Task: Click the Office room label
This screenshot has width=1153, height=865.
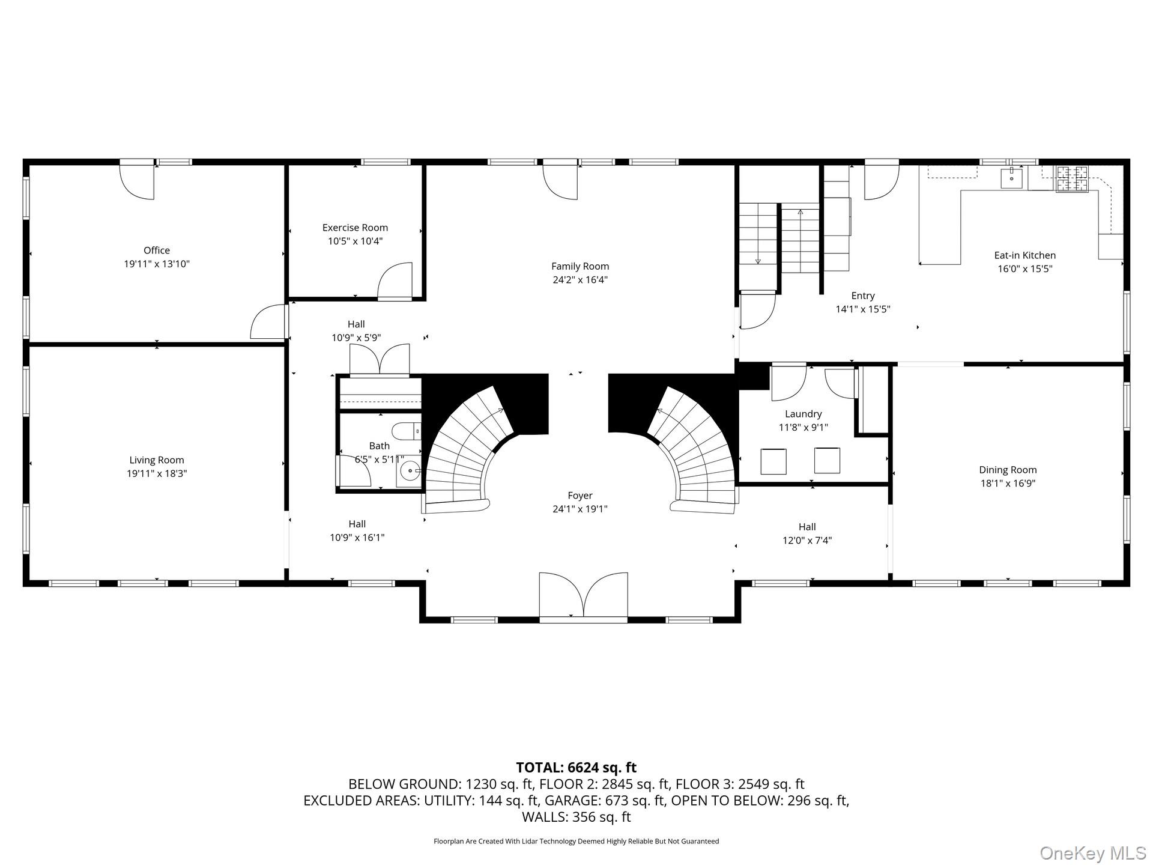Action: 156,250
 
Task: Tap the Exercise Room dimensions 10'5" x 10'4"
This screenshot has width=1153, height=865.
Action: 355,241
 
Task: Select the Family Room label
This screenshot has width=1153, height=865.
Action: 580,266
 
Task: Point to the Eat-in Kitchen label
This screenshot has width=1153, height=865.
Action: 1024,255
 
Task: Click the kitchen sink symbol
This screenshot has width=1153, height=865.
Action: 1012,178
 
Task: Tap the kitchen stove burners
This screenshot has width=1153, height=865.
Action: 1072,179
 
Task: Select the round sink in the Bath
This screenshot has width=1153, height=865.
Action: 410,472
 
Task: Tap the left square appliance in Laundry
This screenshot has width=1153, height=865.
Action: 773,461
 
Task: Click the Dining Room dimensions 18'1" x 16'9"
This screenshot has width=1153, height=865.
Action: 1008,483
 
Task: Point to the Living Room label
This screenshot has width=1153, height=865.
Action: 156,460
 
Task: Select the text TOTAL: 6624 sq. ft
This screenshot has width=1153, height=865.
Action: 576,767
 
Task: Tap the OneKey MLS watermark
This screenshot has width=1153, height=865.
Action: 1092,852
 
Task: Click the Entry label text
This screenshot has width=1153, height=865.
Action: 862,296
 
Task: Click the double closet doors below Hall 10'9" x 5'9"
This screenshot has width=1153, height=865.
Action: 380,360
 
